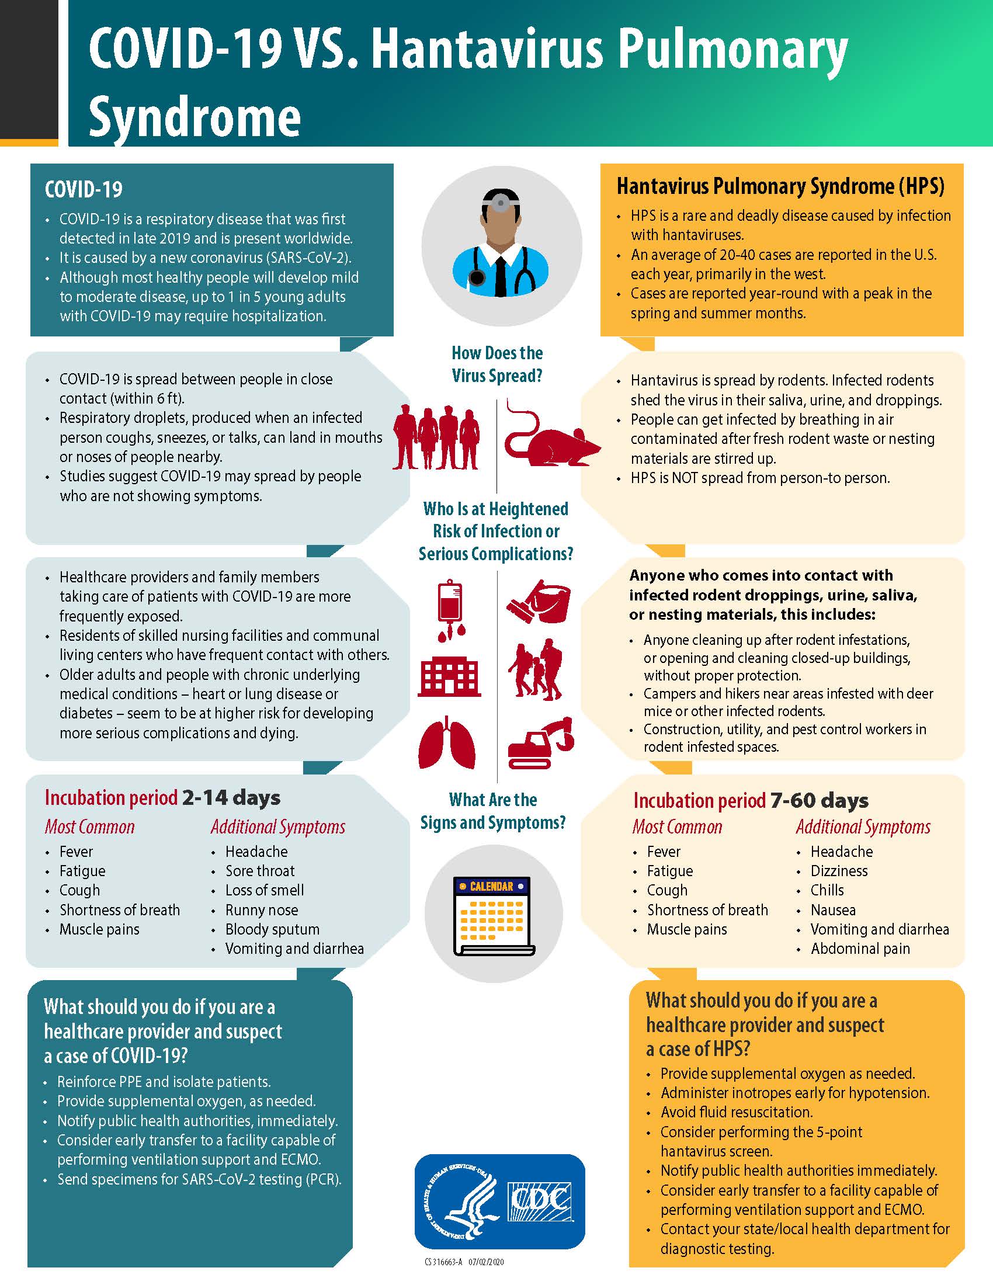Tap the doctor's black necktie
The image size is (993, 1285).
pos(501,276)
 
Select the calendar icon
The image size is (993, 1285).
pos(494,915)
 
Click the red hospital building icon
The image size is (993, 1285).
pos(449,676)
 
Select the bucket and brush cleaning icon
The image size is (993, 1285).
pos(539,602)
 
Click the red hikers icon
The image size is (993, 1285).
pos(536,671)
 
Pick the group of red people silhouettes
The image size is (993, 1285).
pos(436,437)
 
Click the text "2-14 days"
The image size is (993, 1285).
pos(231,797)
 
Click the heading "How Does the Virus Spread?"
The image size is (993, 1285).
pos(497,364)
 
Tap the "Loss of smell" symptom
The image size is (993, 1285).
pos(264,890)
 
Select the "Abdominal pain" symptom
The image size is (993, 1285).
pos(860,949)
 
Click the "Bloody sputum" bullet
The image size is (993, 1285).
pos(272,929)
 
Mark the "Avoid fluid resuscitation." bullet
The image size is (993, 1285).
pos(737,1112)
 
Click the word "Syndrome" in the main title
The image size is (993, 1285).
pos(195,117)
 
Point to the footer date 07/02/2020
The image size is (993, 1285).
pos(486,1262)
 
